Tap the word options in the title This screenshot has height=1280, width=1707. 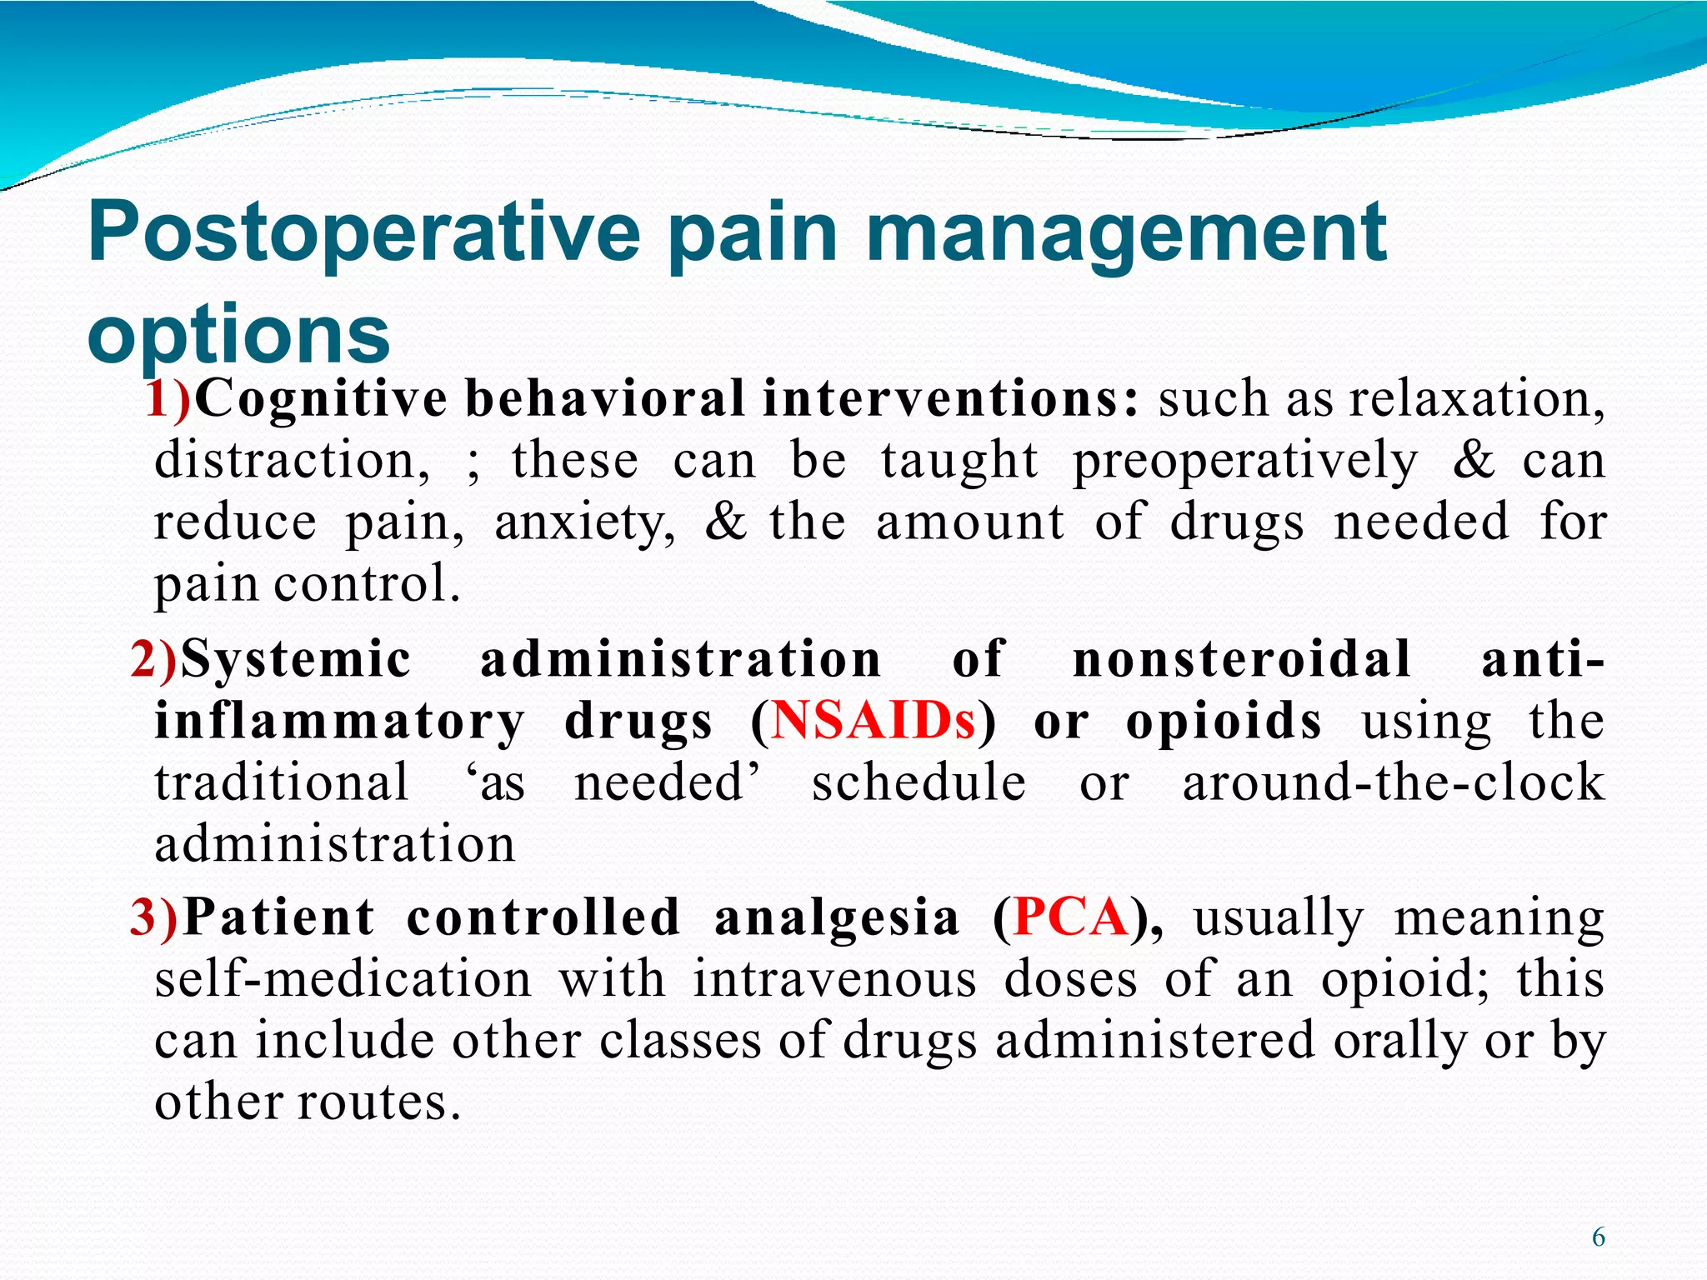(x=238, y=335)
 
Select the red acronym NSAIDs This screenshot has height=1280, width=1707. (x=873, y=721)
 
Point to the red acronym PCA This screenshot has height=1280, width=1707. (x=1069, y=917)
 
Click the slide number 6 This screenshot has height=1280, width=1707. (x=1598, y=1237)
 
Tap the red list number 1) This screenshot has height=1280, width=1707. (x=168, y=398)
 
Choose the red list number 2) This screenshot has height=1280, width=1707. (x=154, y=659)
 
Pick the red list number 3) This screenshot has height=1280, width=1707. (x=155, y=917)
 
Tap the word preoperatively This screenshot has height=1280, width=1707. (x=1244, y=461)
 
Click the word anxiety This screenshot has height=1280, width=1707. (x=584, y=523)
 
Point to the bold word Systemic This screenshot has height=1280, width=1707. (x=296, y=659)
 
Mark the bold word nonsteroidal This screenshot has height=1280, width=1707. (x=1241, y=659)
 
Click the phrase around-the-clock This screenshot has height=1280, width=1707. (x=1393, y=782)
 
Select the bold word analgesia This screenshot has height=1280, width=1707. (x=837, y=917)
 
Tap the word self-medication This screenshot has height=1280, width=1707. (x=343, y=979)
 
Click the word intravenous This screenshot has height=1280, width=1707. (x=834, y=979)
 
